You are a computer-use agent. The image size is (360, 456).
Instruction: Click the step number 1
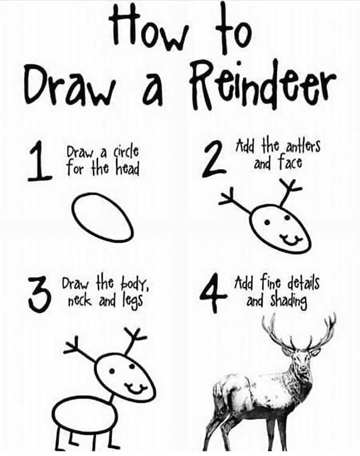coord(40,162)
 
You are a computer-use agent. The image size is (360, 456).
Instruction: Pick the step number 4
coord(214,295)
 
